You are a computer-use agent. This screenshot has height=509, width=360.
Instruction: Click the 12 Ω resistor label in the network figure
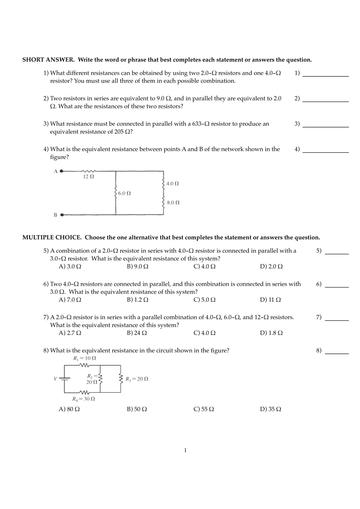click(x=88, y=177)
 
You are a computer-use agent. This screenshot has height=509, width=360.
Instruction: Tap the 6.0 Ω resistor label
click(x=124, y=193)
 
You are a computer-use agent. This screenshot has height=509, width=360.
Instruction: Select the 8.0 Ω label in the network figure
click(x=173, y=203)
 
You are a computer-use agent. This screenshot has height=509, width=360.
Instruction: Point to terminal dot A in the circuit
click(x=61, y=171)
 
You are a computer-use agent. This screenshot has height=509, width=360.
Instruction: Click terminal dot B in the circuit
click(x=61, y=215)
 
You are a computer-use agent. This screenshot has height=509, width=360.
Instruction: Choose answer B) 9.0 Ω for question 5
click(x=138, y=267)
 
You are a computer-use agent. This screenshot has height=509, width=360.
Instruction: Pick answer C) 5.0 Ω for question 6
click(x=204, y=300)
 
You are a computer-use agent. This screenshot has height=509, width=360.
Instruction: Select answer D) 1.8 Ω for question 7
click(x=271, y=333)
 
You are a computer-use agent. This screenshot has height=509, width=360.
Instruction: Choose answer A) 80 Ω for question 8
click(x=69, y=409)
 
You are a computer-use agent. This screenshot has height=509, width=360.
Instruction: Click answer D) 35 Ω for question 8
click(x=271, y=409)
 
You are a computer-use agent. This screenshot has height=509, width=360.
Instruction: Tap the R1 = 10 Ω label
click(x=85, y=358)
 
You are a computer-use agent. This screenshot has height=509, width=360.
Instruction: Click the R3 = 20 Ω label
click(x=137, y=379)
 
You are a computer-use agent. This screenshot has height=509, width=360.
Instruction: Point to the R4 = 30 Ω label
click(x=84, y=399)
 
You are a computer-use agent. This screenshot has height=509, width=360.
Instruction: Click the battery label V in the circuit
click(x=56, y=379)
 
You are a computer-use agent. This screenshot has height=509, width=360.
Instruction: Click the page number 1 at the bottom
click(x=186, y=451)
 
